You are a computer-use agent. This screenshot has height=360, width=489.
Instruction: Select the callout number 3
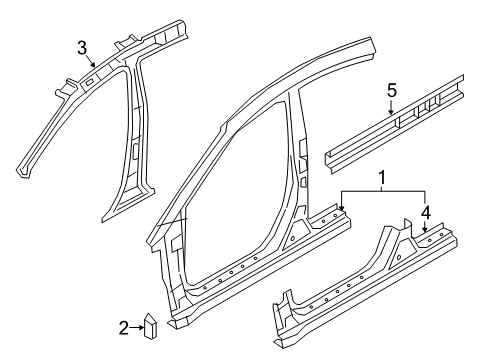(x=82, y=46)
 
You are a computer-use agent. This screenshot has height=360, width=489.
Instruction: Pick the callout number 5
(x=392, y=92)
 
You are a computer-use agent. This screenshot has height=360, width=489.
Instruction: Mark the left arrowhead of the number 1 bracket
(x=341, y=208)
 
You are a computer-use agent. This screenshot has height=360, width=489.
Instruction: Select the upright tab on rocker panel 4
(x=407, y=222)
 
